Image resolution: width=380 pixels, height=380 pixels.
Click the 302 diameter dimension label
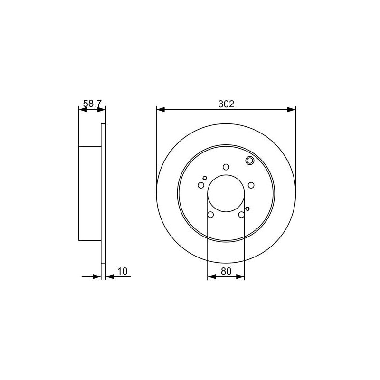(226, 104)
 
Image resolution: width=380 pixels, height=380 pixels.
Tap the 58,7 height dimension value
(92, 104)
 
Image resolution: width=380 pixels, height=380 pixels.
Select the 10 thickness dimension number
(123, 271)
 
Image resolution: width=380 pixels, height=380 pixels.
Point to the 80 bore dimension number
(226, 271)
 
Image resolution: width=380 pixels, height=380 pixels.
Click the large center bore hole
(226, 193)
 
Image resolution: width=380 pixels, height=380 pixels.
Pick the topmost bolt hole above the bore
(226, 167)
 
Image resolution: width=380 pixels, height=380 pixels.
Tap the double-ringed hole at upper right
(250, 161)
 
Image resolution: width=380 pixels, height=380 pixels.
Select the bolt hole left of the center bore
(201, 185)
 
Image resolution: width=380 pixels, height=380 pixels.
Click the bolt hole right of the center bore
(251, 185)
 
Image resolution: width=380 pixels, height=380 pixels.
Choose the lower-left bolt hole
(210, 215)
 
